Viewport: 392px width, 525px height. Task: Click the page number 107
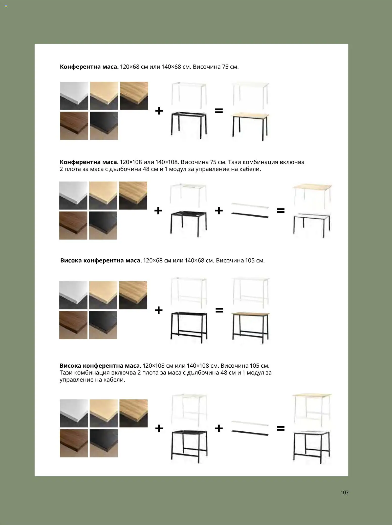[x=344, y=492]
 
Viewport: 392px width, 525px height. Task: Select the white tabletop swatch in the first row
[x=74, y=96]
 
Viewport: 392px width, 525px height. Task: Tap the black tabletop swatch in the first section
[x=104, y=126]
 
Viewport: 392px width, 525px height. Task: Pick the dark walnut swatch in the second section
[x=73, y=225]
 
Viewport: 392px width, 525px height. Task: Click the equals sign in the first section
[x=219, y=111]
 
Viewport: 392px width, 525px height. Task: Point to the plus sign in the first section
[x=159, y=111]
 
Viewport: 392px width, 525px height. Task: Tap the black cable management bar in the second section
[x=250, y=215]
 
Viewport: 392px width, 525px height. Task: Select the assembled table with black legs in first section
[x=250, y=127]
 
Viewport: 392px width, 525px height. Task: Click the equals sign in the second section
[x=280, y=210]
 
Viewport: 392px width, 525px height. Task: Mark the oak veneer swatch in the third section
[x=133, y=295]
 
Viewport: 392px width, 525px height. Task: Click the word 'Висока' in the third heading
[x=71, y=260]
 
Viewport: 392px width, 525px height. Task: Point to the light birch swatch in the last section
[x=104, y=413]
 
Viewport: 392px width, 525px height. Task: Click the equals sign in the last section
[x=280, y=428]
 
